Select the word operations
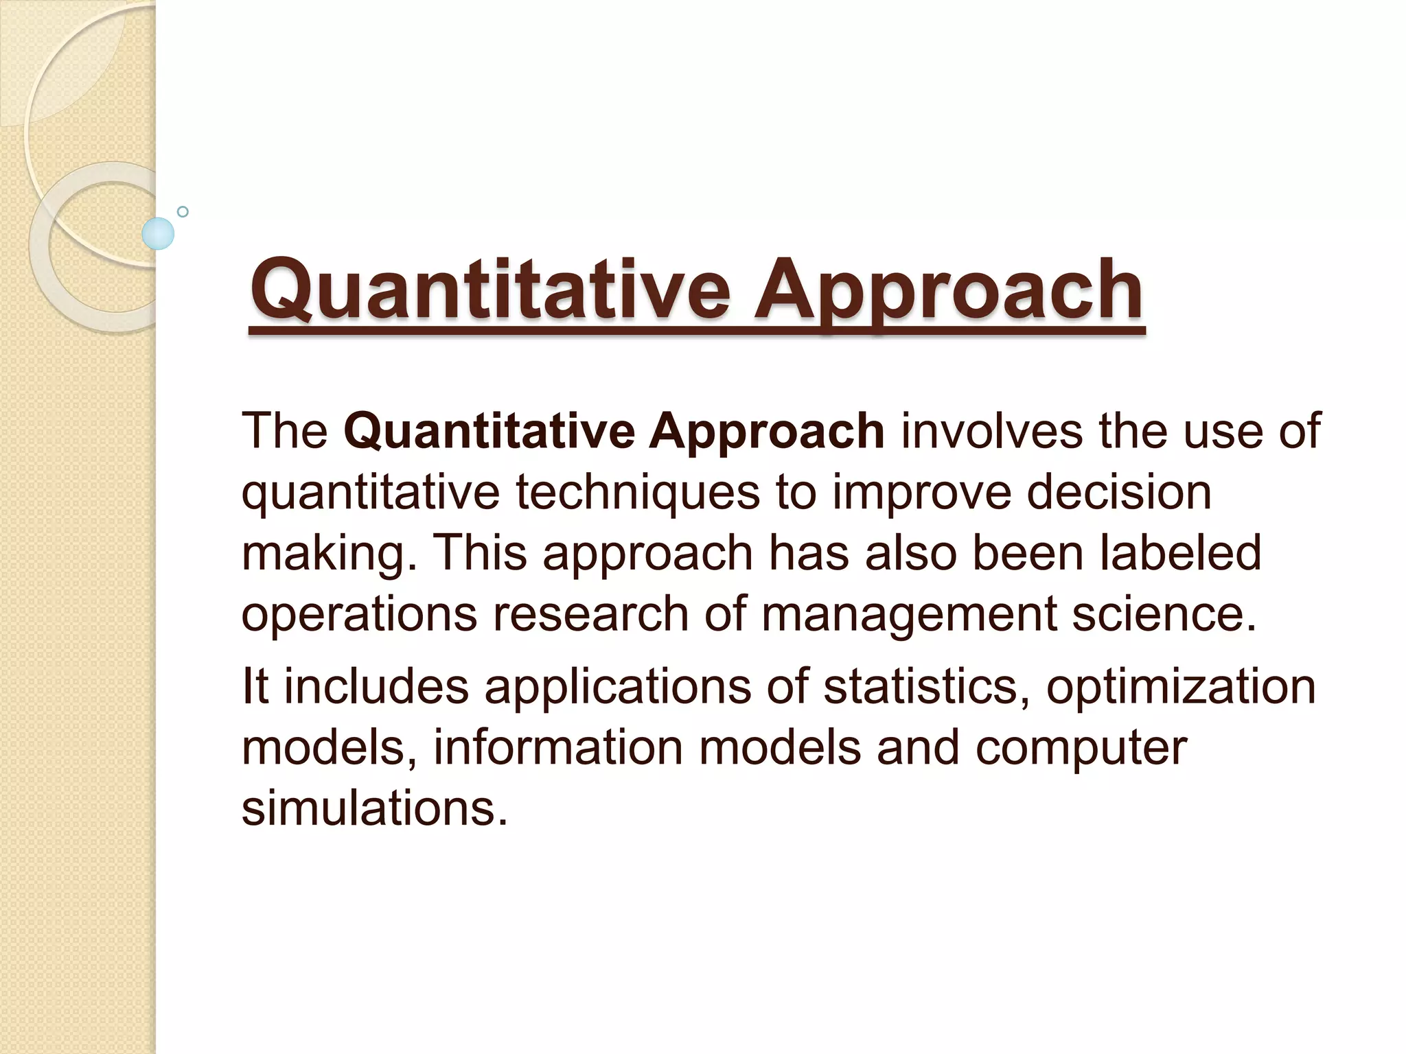(359, 614)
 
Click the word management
(908, 614)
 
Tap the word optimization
(1180, 687)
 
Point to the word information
(557, 747)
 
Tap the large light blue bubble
(158, 233)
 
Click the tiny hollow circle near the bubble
(183, 211)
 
